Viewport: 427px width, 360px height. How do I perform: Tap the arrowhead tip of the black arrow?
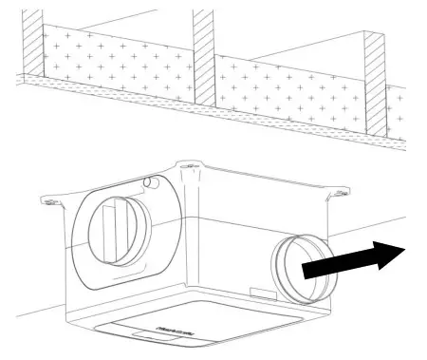coord(408,250)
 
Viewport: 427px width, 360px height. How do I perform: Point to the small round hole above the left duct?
coord(148,181)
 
